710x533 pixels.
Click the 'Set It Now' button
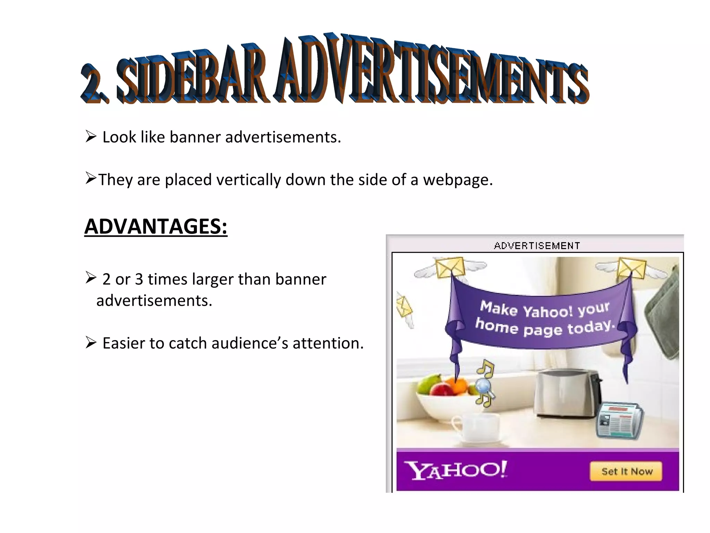point(626,471)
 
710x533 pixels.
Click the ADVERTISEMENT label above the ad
point(537,246)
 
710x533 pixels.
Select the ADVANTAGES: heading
point(156,227)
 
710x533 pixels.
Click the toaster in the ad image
point(568,394)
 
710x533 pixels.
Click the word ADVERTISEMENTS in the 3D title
point(432,71)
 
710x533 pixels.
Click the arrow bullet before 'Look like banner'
point(91,136)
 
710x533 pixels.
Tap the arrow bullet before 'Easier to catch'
point(91,342)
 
